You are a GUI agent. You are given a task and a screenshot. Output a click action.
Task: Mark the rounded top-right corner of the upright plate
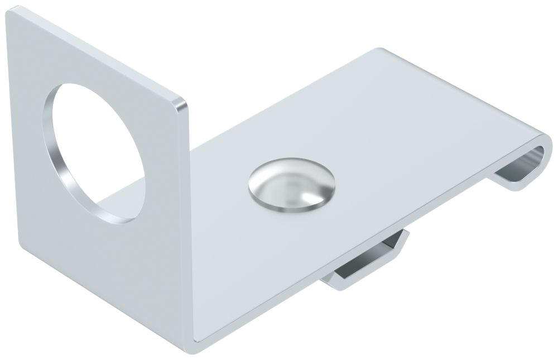(182, 104)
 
